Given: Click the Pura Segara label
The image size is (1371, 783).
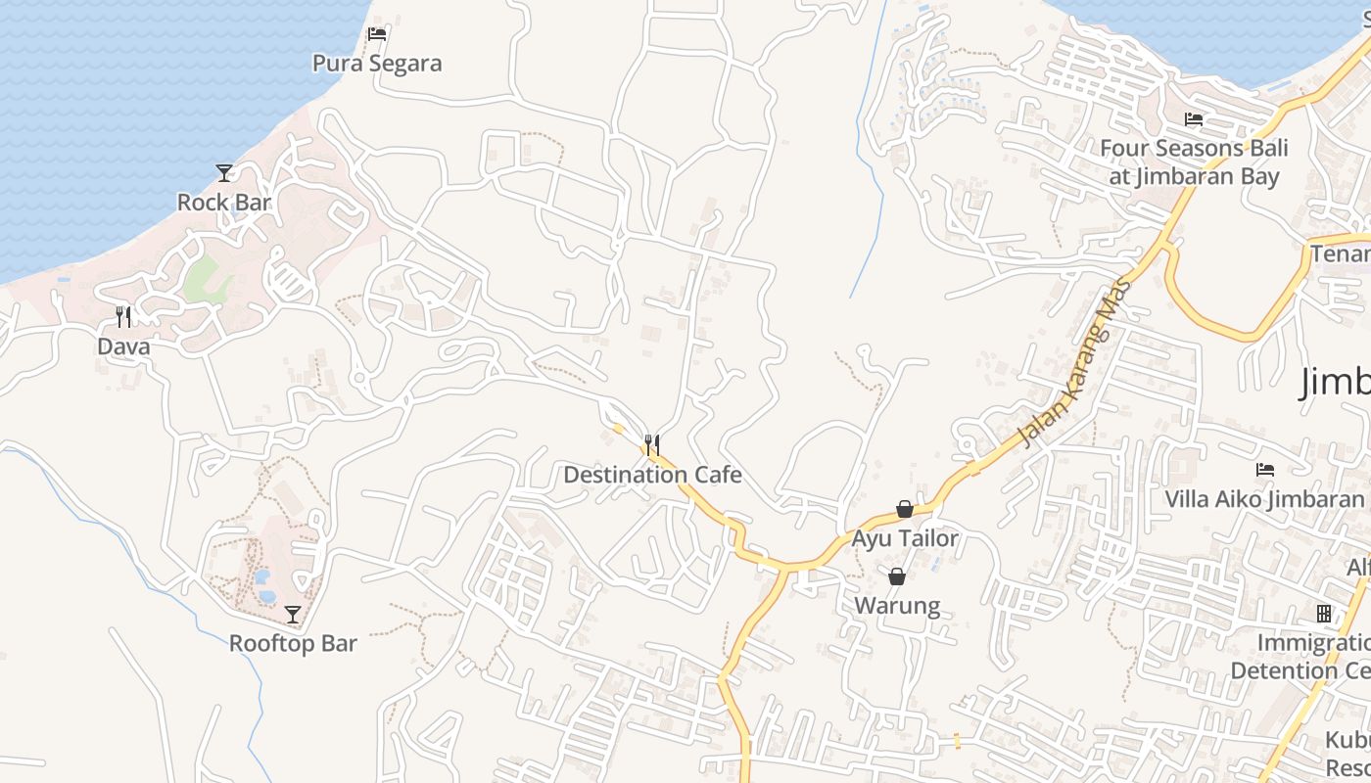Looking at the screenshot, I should click(377, 64).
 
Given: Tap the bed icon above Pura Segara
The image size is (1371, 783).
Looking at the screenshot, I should click(377, 34).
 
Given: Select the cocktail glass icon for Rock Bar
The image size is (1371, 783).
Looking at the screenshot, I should click(224, 173).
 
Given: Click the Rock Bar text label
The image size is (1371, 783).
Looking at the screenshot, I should click(224, 203).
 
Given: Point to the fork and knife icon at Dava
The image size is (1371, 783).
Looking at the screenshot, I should click(123, 316).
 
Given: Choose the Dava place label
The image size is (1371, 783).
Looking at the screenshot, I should click(123, 346).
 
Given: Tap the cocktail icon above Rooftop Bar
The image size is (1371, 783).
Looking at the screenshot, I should click(293, 615).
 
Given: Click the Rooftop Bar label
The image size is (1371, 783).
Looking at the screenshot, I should click(293, 644).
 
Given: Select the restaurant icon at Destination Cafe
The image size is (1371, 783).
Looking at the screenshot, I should click(651, 445).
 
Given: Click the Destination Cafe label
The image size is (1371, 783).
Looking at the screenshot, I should click(652, 476).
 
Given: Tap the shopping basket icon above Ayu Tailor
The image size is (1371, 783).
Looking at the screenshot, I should click(905, 509).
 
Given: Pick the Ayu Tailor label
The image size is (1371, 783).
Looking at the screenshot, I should click(905, 539).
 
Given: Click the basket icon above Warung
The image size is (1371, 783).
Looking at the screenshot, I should click(897, 576).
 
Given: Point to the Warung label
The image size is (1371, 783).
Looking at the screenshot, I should click(897, 606).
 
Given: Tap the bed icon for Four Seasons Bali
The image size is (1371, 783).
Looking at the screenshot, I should click(1194, 119).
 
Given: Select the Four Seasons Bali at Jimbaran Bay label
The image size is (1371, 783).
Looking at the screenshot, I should click(1194, 162).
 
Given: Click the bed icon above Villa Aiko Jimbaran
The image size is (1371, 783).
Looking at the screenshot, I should click(1265, 470).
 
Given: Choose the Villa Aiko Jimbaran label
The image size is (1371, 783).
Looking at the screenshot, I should click(1264, 499).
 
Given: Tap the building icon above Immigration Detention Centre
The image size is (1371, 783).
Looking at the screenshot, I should click(1324, 614).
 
